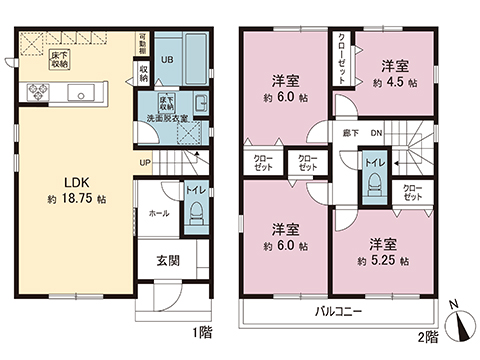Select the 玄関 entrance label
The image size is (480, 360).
pyautogui.click(x=167, y=261)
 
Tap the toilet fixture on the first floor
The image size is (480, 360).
pyautogui.click(x=196, y=212)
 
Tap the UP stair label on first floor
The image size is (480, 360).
pyautogui.click(x=146, y=162)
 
